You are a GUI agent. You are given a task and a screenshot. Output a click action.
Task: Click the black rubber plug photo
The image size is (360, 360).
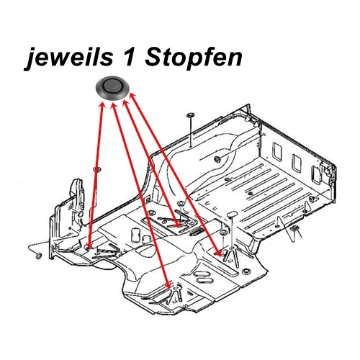tap(115, 88)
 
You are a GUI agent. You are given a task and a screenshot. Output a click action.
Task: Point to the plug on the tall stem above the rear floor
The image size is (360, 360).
tap(189, 115)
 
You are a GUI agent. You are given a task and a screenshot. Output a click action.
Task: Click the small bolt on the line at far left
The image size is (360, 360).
tap(35, 254)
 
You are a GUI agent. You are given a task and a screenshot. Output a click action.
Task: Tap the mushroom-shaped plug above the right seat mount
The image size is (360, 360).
tap(232, 215)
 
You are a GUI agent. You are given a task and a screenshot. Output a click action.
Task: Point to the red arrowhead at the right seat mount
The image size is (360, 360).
tap(220, 253)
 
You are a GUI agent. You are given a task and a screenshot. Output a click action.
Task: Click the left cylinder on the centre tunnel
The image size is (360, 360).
tap(135, 231)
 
